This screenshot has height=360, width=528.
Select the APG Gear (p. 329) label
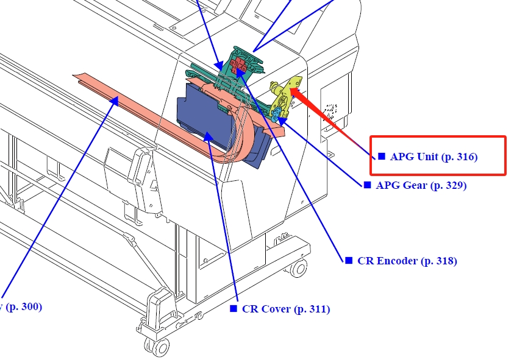coord(421,185)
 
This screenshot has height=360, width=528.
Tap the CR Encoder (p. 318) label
coord(407,261)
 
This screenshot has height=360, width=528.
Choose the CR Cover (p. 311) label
coord(285,309)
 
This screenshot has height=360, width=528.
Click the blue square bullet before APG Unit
coord(382,157)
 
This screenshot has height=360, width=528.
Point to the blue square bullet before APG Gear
coord(367,185)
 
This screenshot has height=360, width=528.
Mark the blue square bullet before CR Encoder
coord(349,260)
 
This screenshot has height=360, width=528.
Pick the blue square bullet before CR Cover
coord(233,308)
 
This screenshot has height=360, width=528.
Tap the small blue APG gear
coord(276,116)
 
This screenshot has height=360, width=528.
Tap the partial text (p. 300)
coord(23,306)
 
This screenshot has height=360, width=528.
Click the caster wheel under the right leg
coord(298,267)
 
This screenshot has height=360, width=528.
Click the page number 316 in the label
coord(465,157)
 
